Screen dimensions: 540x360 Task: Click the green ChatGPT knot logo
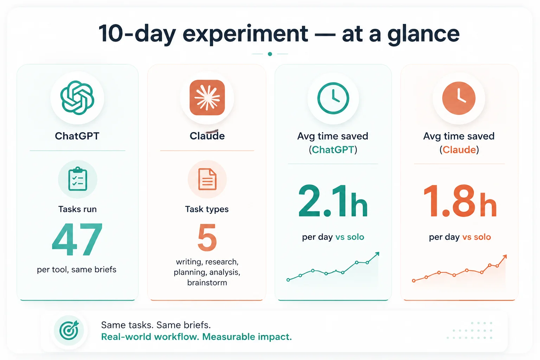(x=77, y=98)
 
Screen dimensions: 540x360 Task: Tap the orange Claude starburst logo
(x=207, y=98)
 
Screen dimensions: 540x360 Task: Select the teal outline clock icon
(x=333, y=98)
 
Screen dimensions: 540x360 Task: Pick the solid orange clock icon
(x=459, y=98)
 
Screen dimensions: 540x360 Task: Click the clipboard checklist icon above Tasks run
(x=78, y=179)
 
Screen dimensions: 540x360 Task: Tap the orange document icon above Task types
(x=207, y=179)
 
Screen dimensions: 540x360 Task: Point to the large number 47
(x=77, y=239)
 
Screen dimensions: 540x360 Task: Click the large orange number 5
(x=207, y=238)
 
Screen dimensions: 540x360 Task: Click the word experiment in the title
(x=245, y=34)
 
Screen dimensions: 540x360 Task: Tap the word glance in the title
(x=423, y=34)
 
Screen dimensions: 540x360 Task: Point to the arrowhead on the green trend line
(x=377, y=254)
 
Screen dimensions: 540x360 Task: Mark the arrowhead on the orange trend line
(x=504, y=257)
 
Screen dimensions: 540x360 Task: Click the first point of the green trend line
(x=288, y=280)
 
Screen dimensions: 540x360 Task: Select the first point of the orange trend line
(x=414, y=281)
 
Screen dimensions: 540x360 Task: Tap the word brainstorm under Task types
(x=207, y=282)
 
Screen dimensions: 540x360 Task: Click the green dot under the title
(x=270, y=54)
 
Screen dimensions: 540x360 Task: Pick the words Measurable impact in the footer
(x=247, y=336)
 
